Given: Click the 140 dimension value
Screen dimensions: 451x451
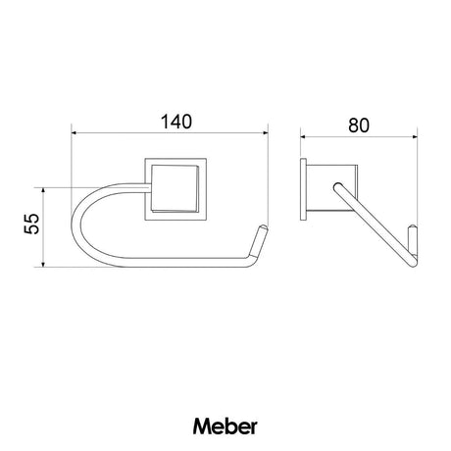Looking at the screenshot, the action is tap(176, 122).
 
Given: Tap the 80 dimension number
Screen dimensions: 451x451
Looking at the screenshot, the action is tap(359, 125).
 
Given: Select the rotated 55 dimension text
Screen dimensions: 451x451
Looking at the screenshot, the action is tap(31, 224).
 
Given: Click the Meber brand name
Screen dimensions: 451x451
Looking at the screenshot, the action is tap(225, 426).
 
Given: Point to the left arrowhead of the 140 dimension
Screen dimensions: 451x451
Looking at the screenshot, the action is tap(75, 132).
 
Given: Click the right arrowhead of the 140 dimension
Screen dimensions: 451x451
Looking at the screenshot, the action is tap(265, 132).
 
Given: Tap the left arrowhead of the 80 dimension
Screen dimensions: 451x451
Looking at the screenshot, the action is tap(303, 137).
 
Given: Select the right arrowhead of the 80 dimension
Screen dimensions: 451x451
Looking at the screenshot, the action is tap(415, 137).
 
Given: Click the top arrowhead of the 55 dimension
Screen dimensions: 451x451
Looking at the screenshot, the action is tap(43, 191).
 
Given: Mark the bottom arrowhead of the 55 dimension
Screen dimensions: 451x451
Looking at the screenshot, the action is tap(43, 264).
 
